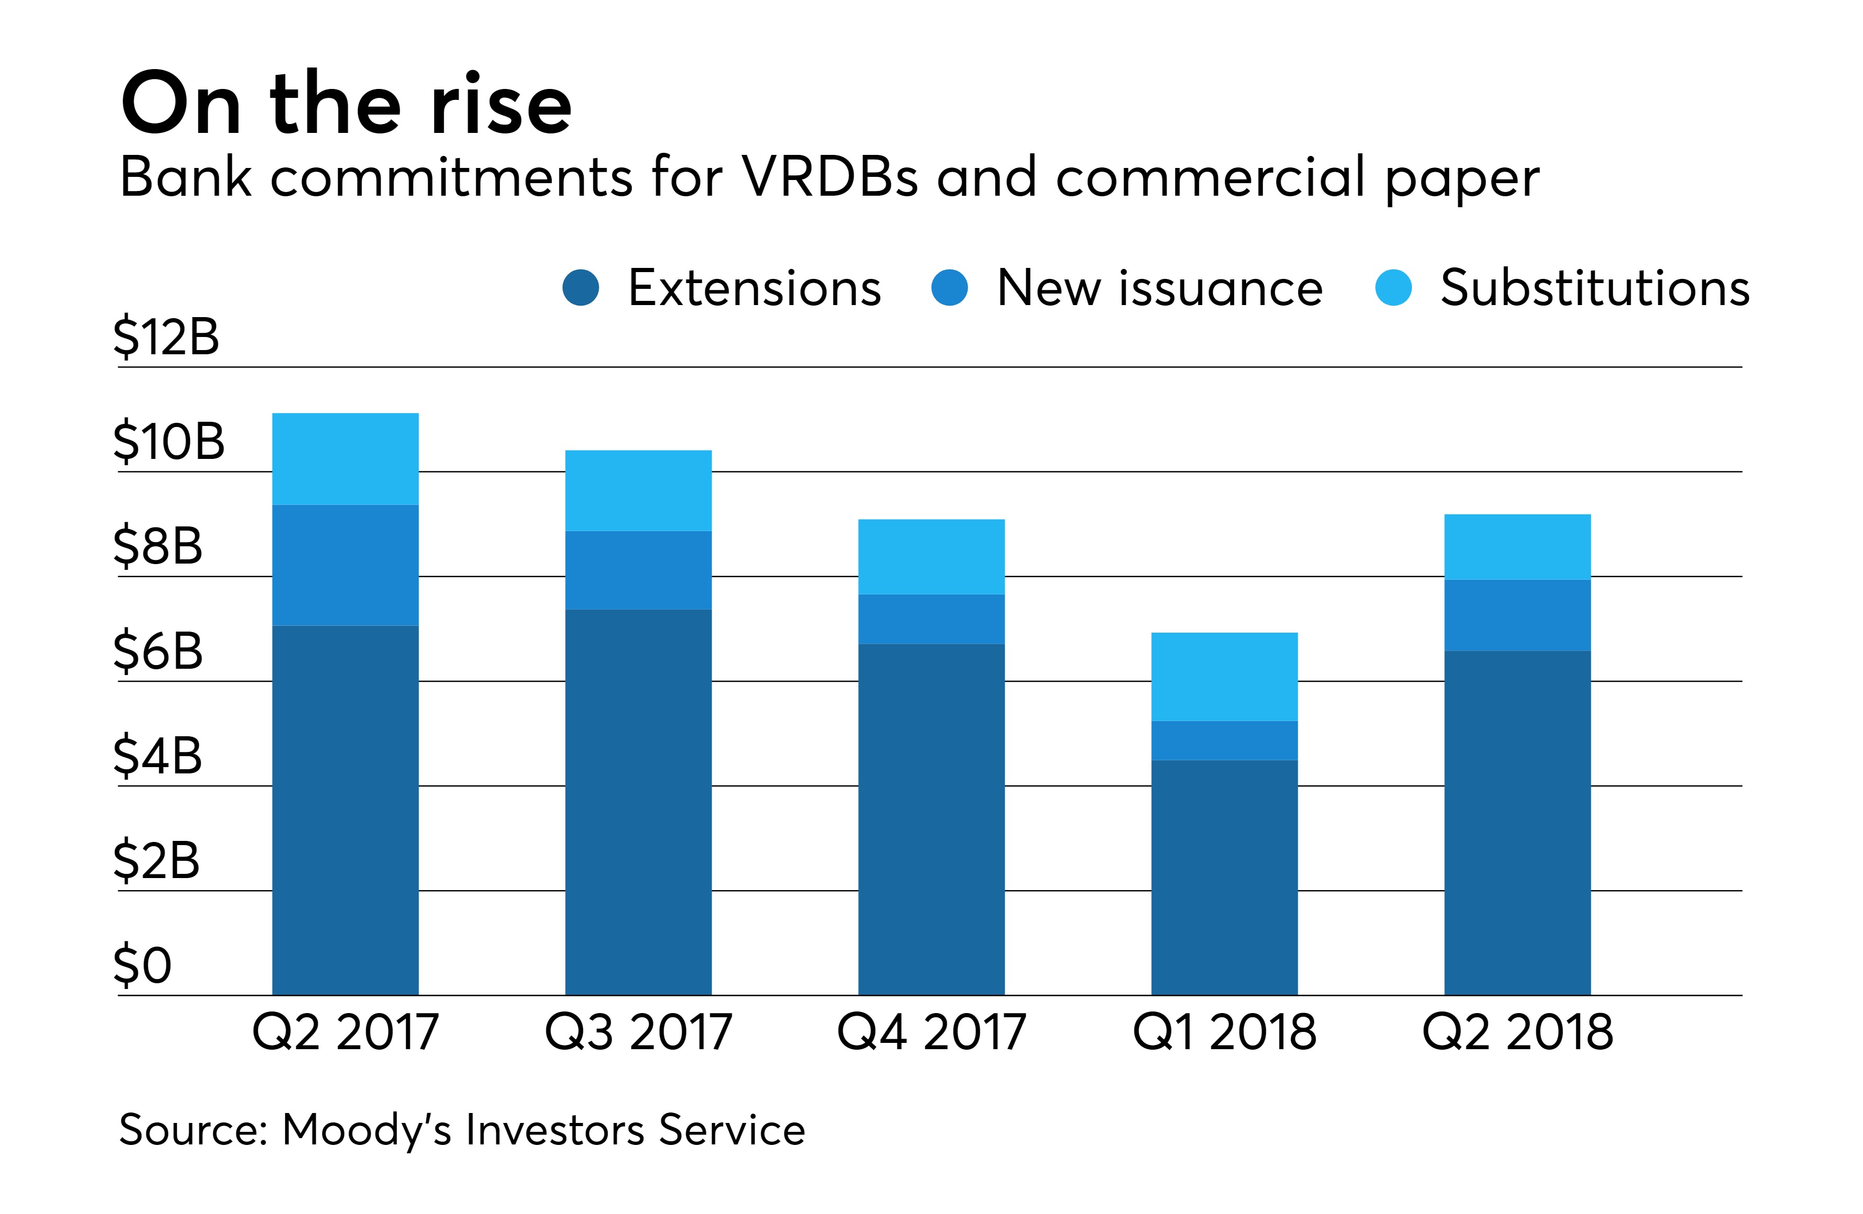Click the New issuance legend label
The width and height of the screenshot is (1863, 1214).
tap(1159, 288)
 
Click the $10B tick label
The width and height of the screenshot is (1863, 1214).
tap(169, 442)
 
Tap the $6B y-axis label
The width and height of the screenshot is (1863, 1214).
tap(158, 651)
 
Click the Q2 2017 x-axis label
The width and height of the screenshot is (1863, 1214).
tap(345, 1031)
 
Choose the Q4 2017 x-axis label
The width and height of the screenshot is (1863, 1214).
tap(931, 1031)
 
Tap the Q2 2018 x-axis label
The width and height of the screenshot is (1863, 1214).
tap(1517, 1031)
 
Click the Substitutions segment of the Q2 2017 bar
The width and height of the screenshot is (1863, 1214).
tap(345, 459)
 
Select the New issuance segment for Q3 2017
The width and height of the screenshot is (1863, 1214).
tap(638, 570)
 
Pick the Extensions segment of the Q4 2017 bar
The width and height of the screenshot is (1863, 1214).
tap(931, 818)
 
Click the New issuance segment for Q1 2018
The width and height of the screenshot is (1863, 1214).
tap(1224, 740)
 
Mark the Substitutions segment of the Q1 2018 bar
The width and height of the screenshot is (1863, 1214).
tap(1224, 676)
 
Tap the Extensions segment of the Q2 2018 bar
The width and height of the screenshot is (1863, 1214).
tap(1517, 822)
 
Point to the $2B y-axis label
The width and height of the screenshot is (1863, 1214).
tap(156, 861)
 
